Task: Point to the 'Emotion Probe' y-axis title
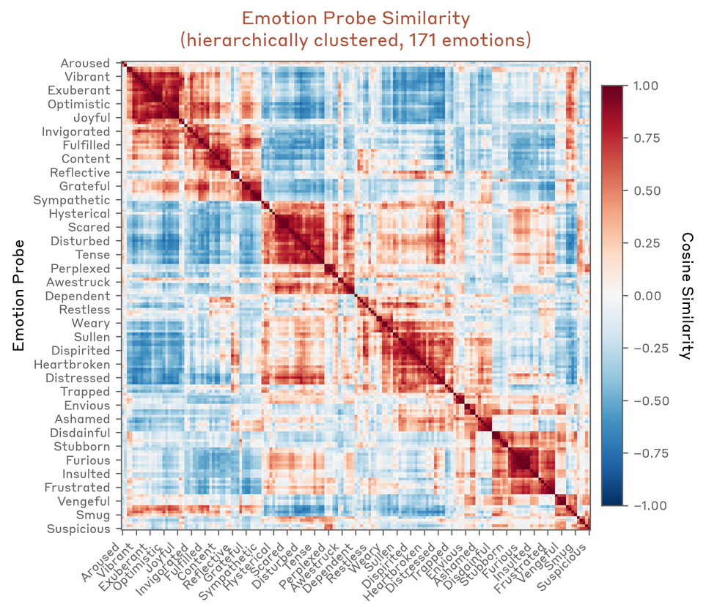(20, 295)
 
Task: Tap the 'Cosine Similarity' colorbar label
(687, 295)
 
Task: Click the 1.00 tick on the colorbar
(644, 86)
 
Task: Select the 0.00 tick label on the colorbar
(644, 296)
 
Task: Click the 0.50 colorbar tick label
(644, 190)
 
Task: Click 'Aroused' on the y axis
(85, 64)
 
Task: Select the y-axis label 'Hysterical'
(79, 214)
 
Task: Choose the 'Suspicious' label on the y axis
(78, 529)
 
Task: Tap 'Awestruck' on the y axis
(78, 283)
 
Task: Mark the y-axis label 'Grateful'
(85, 187)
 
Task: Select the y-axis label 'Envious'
(87, 406)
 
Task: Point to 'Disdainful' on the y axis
(80, 433)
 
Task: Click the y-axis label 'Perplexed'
(80, 269)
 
